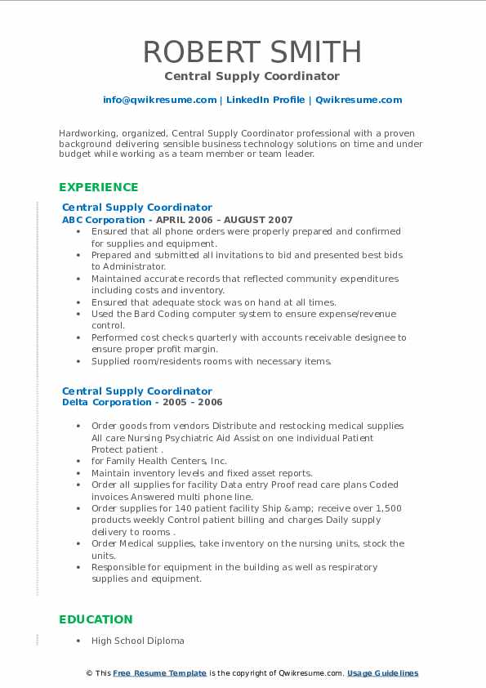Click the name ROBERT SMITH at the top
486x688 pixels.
pos(252,51)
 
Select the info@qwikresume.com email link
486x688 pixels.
pos(159,100)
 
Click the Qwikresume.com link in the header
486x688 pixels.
pos(359,100)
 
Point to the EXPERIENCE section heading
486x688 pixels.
pos(99,187)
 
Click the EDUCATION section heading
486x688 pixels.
pos(96,619)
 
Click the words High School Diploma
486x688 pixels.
pos(138,641)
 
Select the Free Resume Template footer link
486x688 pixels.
pos(159,673)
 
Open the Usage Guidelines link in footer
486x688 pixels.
pos(382,673)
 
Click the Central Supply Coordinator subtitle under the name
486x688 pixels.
pos(252,76)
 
